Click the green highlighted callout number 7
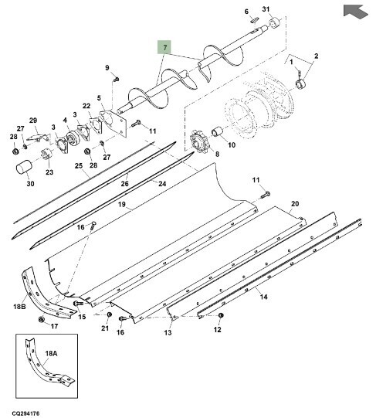click(164, 47)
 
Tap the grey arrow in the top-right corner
click(355, 11)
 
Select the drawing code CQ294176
click(25, 413)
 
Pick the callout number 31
click(266, 9)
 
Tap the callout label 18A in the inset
click(51, 354)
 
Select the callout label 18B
click(19, 307)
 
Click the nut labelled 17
click(41, 319)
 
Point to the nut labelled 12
click(220, 316)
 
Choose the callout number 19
click(121, 205)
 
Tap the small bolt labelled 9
click(116, 79)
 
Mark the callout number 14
click(263, 297)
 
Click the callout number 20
click(295, 204)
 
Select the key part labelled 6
click(255, 20)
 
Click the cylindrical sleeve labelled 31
click(276, 22)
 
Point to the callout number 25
click(78, 166)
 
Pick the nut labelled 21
click(110, 314)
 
